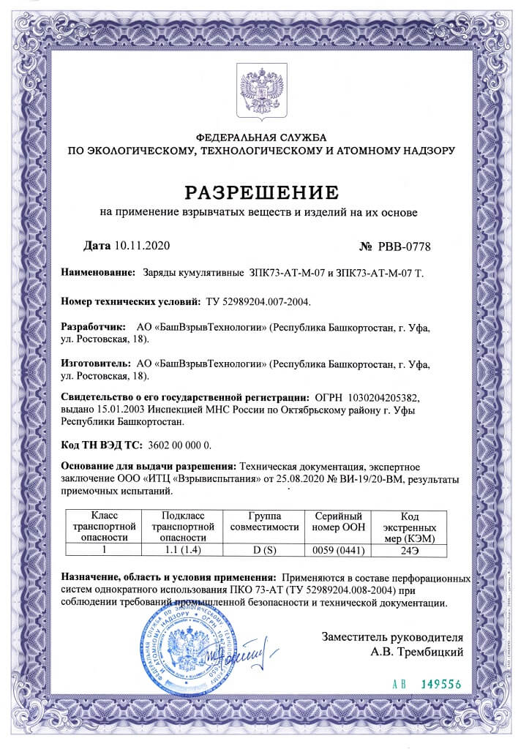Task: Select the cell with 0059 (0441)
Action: coord(338,548)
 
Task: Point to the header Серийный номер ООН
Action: coord(338,522)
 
